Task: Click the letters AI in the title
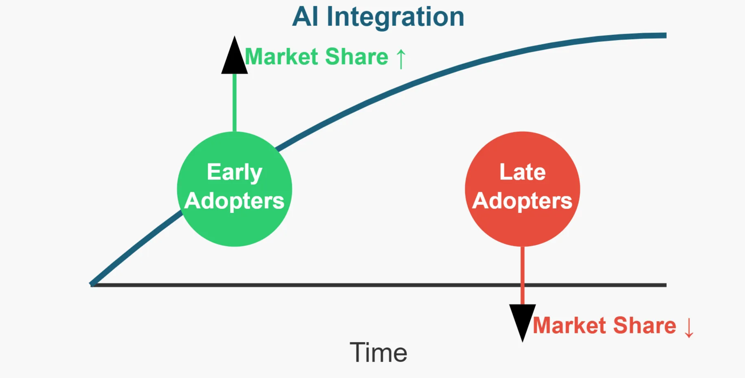coord(305,17)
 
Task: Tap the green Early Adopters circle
coord(234,230)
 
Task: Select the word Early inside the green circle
coord(234,172)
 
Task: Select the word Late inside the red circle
coord(522,172)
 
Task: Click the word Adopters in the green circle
coord(234,201)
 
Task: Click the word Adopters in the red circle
coord(522,201)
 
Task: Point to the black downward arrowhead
coord(522,320)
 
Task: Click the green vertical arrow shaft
coord(234,103)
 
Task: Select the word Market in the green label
coord(281,57)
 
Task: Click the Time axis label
coord(378,353)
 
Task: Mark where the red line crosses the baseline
coord(522,285)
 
